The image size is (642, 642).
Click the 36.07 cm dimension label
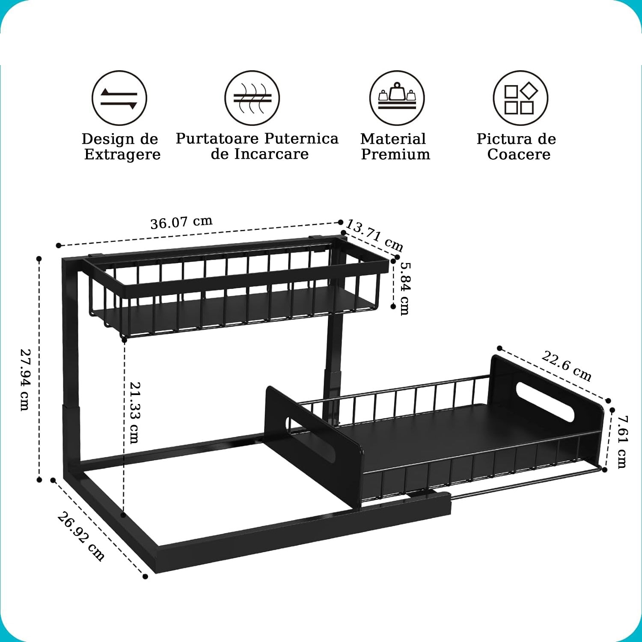[181, 223]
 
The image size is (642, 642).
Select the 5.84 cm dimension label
[405, 288]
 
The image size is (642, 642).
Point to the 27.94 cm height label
[25, 380]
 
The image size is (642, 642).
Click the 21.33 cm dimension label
[134, 412]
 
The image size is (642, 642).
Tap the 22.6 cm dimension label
[567, 366]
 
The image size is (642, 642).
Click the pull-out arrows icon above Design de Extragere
[119, 98]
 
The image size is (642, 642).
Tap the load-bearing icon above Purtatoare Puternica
[253, 98]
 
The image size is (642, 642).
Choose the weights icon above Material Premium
[397, 98]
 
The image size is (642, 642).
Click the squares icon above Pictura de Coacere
[520, 98]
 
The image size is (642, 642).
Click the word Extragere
[122, 155]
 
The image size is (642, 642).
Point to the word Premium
[395, 154]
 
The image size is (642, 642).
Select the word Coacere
[519, 154]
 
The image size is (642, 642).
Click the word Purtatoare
[217, 139]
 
